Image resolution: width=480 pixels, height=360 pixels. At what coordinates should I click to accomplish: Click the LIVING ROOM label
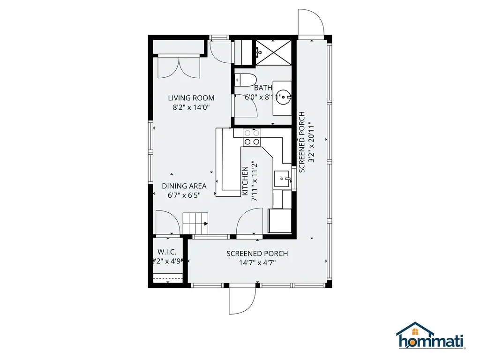(191, 98)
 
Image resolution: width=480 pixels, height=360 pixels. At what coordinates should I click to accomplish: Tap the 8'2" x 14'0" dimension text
(191, 107)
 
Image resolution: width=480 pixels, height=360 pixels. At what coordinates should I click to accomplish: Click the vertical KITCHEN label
(245, 181)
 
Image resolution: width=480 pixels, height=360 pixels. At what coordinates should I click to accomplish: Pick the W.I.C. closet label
(166, 252)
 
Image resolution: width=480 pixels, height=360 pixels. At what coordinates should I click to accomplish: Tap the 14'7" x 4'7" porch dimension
(257, 263)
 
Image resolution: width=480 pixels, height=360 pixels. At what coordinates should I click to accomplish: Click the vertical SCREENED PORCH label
(302, 142)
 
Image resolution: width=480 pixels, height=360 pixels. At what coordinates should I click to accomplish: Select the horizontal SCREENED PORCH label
(257, 254)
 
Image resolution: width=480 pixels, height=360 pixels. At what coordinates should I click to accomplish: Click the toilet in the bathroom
(244, 80)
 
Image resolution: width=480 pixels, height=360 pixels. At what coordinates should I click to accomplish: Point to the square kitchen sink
(282, 179)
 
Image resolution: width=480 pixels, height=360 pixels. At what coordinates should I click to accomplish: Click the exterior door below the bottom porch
(242, 300)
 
